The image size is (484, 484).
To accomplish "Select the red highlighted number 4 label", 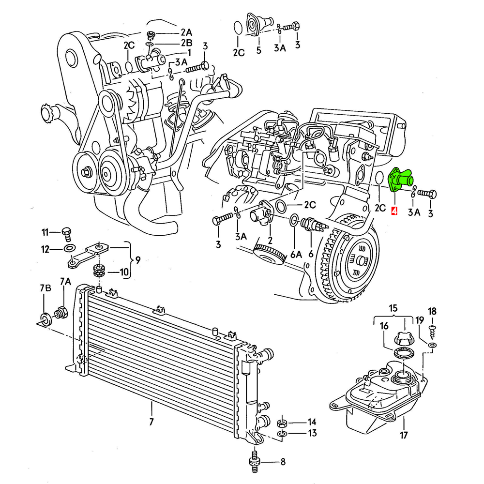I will [394, 212].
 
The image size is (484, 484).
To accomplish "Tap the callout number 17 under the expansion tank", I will [404, 435].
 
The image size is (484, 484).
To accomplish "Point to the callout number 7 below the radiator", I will [151, 422].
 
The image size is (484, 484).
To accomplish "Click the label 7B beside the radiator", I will [45, 289].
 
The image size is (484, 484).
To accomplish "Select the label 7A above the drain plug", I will [65, 282].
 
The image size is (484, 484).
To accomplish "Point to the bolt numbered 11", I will [67, 233].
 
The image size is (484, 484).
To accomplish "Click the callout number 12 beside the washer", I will [45, 250].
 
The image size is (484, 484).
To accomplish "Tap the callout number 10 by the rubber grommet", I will [124, 272].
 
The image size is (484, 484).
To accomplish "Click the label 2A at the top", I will [186, 32].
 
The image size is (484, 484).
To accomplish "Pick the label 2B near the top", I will [186, 43].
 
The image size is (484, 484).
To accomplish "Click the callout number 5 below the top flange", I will [258, 50].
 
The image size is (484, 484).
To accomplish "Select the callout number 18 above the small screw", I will [432, 311].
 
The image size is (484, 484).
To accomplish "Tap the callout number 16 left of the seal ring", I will [384, 327].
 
